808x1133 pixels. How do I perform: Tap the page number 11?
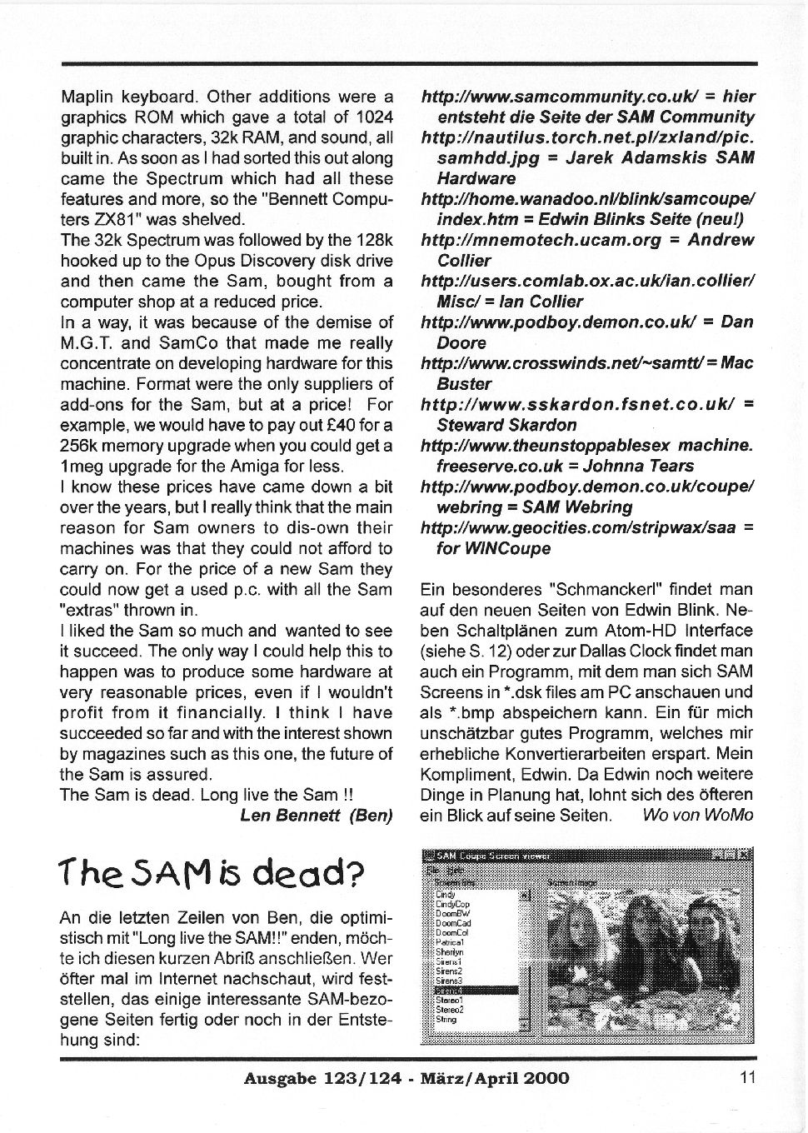click(x=746, y=1077)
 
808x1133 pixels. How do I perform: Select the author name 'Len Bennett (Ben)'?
click(x=316, y=816)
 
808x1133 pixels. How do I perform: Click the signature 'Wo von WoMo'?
click(x=698, y=816)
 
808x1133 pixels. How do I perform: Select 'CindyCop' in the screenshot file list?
click(x=453, y=904)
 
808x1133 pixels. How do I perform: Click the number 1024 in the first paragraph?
click(x=375, y=117)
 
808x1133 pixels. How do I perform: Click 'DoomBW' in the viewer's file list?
click(x=451, y=914)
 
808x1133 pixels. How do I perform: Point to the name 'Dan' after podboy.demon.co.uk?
click(x=736, y=322)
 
